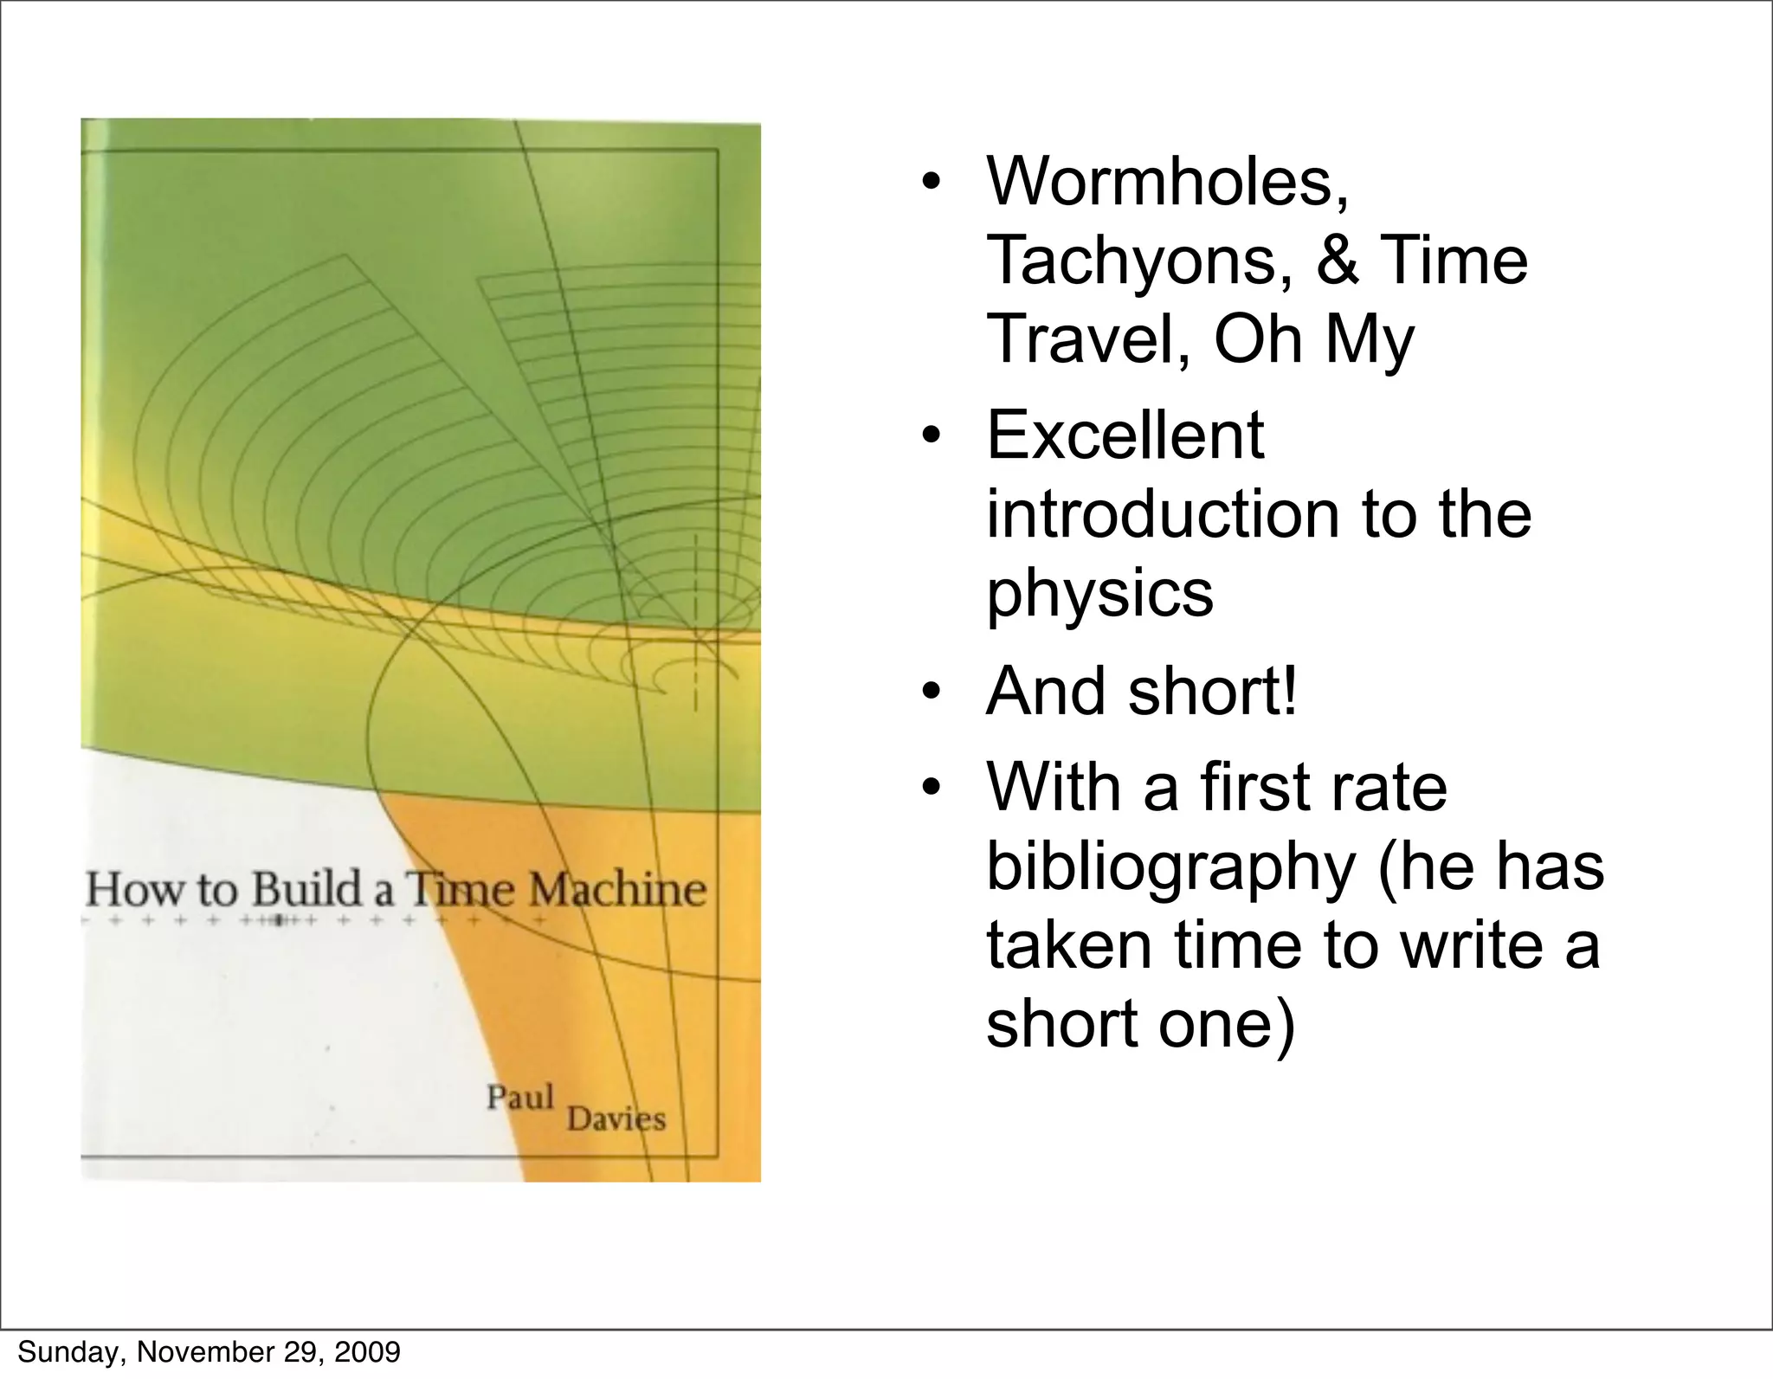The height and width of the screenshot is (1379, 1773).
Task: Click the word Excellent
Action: [x=1125, y=435]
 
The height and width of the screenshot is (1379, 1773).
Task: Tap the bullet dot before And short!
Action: [x=931, y=693]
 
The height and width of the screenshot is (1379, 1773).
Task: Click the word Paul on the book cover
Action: [x=519, y=1098]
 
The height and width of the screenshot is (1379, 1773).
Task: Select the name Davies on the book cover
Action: [x=616, y=1119]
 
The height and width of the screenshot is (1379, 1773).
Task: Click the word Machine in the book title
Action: [x=617, y=890]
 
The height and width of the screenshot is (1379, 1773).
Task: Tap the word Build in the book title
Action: [x=308, y=890]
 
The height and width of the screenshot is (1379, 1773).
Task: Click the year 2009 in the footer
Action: [x=367, y=1351]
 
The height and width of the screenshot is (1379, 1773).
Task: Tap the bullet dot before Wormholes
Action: [x=931, y=183]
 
